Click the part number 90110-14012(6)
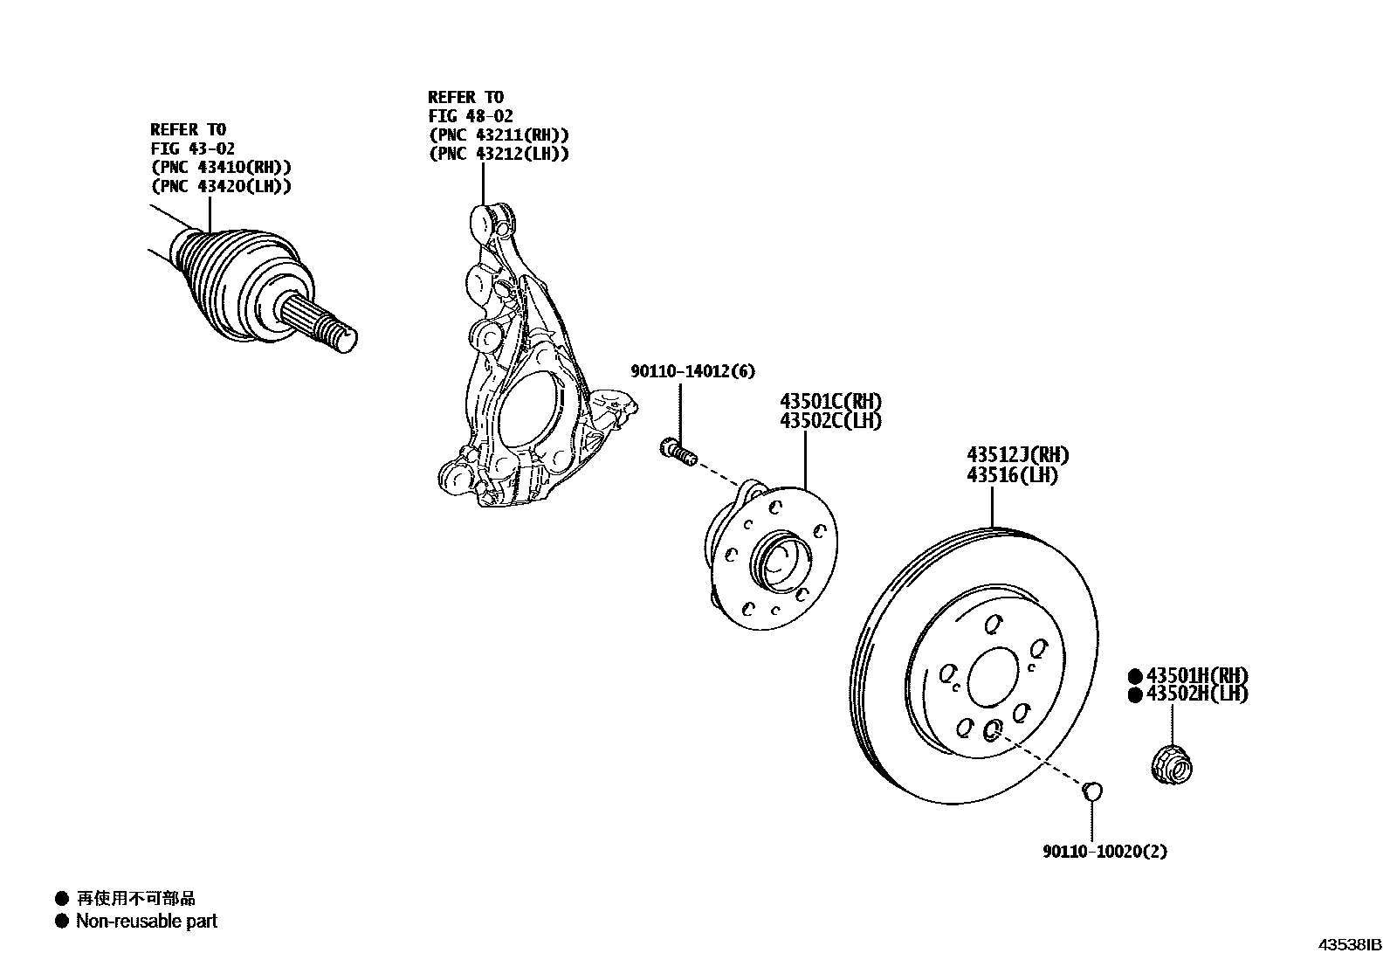(692, 371)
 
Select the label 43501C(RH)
(830, 402)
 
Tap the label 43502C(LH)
(830, 421)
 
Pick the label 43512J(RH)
(1017, 455)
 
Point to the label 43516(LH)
(1012, 475)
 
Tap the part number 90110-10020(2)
(1104, 851)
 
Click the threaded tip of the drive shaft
(344, 340)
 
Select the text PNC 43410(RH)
(221, 168)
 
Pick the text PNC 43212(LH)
(499, 154)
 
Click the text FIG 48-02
(471, 115)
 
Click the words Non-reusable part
(146, 921)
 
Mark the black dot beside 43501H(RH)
(1134, 675)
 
